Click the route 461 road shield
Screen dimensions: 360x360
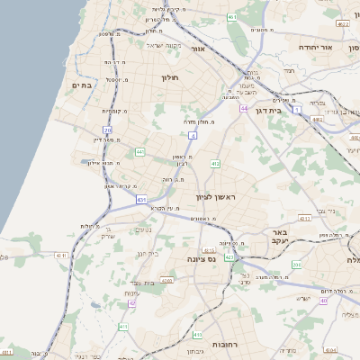[232, 16]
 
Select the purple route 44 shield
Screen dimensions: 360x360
[244, 108]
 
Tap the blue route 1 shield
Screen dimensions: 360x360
[297, 108]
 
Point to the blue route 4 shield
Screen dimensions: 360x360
[192, 135]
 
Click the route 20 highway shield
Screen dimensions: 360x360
[108, 130]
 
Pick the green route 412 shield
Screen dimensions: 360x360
[215, 164]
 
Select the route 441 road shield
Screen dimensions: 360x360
[139, 152]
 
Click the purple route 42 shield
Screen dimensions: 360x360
[131, 303]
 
